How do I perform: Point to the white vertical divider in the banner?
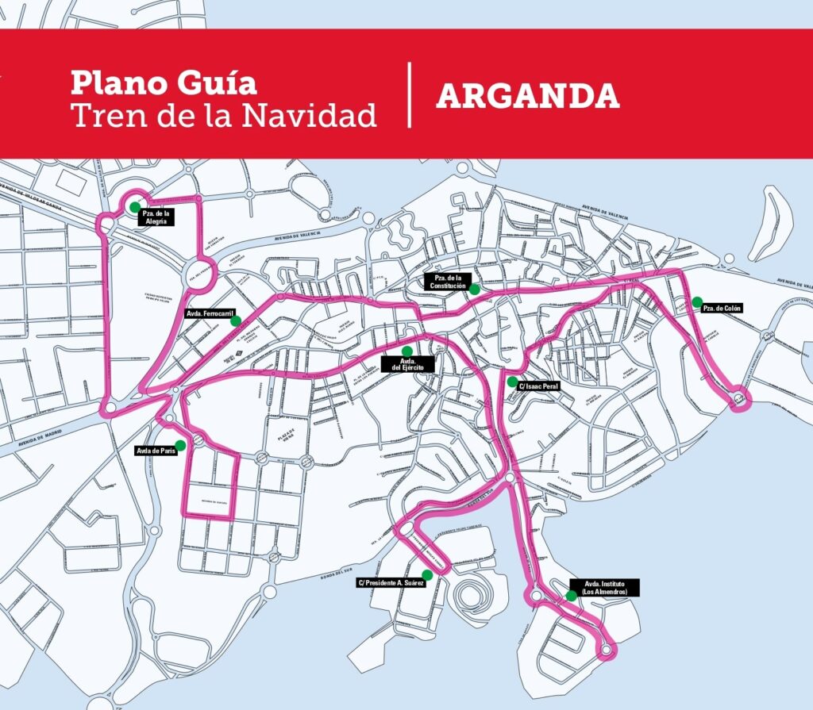click(410, 94)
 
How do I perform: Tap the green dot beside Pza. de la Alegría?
click(135, 207)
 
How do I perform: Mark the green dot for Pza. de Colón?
click(696, 301)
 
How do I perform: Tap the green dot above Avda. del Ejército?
click(407, 351)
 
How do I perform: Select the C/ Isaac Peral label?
click(538, 386)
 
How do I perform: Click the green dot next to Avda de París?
click(180, 446)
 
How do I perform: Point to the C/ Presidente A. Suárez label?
click(391, 583)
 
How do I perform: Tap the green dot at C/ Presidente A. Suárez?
click(427, 574)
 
